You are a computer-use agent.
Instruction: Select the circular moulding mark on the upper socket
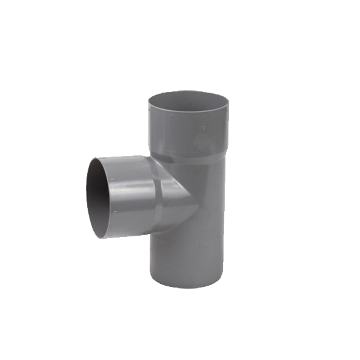[202, 139]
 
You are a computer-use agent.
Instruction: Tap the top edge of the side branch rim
[97, 158]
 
